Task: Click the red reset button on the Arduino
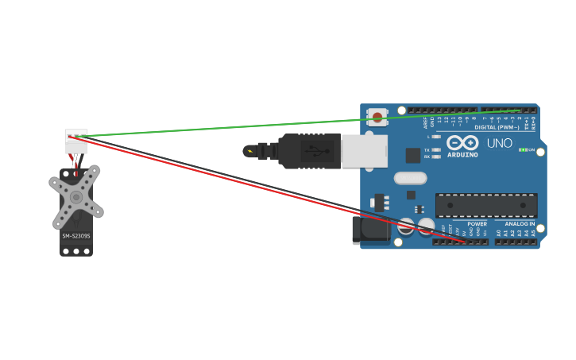377,117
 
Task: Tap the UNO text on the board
499,143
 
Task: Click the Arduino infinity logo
462,143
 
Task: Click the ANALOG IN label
520,223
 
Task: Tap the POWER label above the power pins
477,223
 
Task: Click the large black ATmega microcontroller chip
485,205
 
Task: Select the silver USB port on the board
364,150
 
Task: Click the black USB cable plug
310,150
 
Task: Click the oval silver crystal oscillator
410,178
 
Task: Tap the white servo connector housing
76,141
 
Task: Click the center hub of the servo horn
76,196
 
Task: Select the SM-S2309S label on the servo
76,236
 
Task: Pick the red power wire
238,180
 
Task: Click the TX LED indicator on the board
436,149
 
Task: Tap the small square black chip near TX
412,155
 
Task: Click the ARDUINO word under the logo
462,154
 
